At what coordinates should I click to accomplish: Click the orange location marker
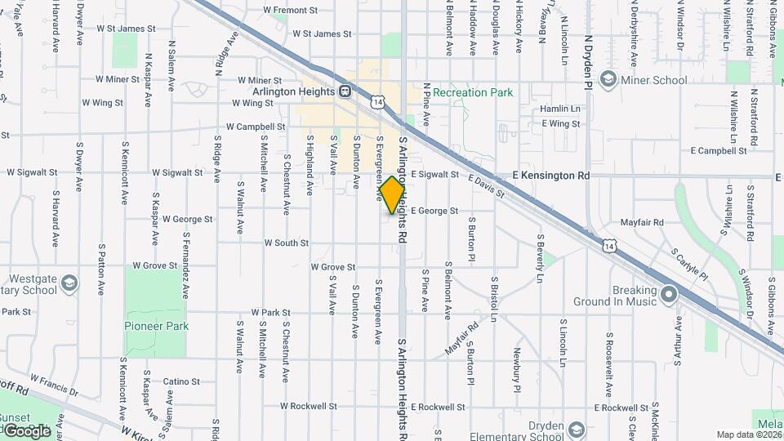coord(393,195)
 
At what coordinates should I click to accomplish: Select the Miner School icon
coord(607,79)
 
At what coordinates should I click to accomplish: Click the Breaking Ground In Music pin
coord(670,293)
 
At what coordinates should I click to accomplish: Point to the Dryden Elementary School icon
coord(577,430)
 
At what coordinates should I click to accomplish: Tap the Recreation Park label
coord(473,93)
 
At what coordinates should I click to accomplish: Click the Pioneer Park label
coord(156,326)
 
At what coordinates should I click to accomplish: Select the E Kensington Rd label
coord(550,176)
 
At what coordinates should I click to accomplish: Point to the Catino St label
coord(180,381)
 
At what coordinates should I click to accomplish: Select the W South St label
coord(286,243)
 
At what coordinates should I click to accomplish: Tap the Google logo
coord(27,430)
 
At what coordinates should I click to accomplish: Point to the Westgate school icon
coord(70,283)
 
